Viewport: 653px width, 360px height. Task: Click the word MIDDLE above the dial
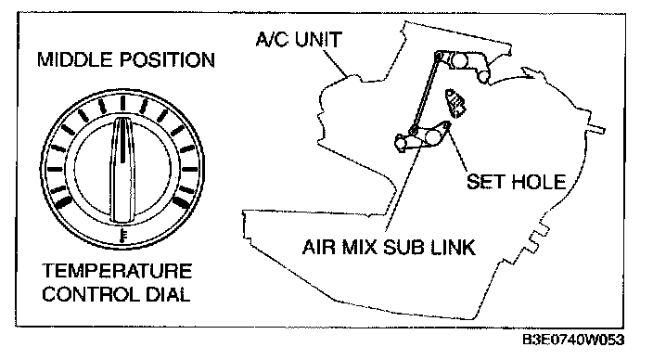tap(76, 59)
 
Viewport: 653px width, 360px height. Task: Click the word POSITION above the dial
tap(168, 59)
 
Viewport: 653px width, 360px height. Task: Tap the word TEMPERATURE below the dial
tap(117, 271)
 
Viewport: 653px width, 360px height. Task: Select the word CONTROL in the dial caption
tap(90, 294)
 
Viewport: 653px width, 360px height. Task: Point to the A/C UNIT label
tap(299, 39)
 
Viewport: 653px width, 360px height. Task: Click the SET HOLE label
tap(516, 182)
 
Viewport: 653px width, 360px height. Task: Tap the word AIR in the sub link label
tap(318, 247)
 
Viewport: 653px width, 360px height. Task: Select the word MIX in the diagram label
tap(360, 247)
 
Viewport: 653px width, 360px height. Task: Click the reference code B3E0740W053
tap(573, 340)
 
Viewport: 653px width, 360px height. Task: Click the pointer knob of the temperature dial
tap(122, 170)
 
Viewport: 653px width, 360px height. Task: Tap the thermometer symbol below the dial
tap(122, 236)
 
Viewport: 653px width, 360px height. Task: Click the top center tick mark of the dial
tap(122, 103)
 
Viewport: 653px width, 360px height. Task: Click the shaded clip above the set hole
tap(456, 103)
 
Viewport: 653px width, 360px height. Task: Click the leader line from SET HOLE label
tap(457, 148)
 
